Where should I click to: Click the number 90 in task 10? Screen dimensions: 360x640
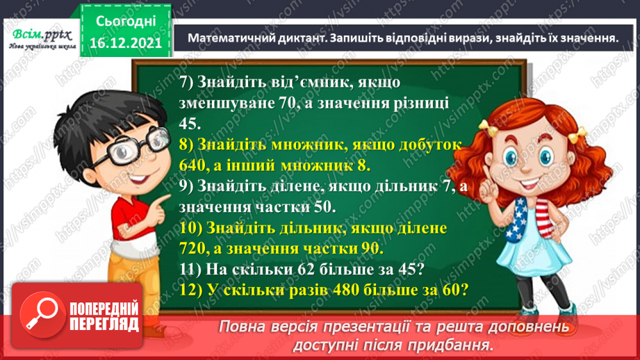374,249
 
